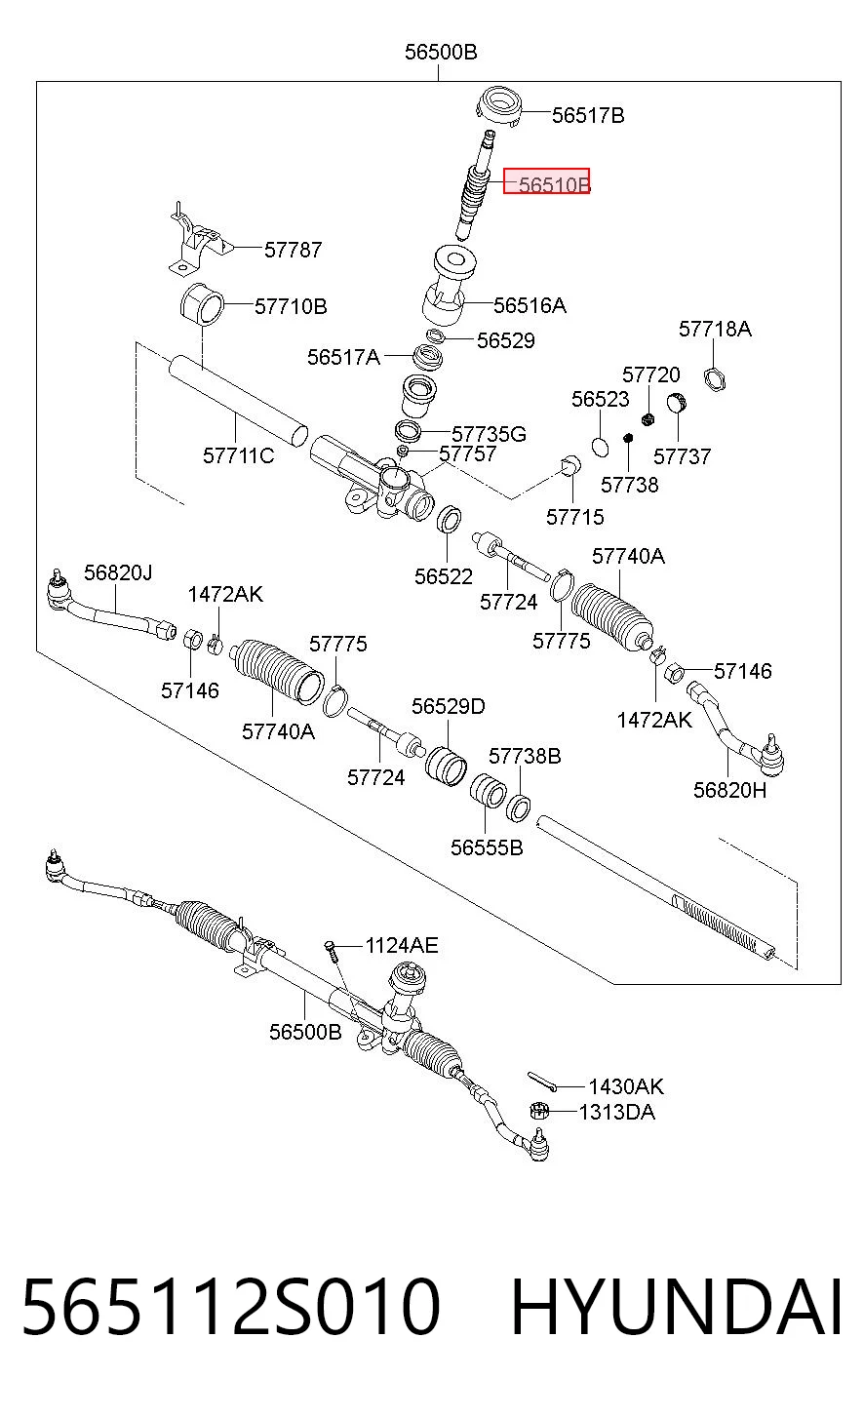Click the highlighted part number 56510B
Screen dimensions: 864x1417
coord(554,184)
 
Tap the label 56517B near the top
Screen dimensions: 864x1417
coord(588,115)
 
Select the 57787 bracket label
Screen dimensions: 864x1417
coord(293,250)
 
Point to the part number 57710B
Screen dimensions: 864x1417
coord(291,306)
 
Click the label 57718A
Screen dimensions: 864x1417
coord(715,329)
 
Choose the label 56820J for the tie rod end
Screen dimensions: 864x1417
coord(118,572)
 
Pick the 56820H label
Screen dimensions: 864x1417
coord(729,790)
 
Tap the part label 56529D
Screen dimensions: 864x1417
coord(448,706)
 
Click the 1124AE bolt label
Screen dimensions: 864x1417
coord(402,945)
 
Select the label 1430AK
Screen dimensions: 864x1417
coord(626,1086)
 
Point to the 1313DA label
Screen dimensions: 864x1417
coord(616,1112)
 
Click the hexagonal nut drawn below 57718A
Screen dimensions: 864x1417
coord(714,379)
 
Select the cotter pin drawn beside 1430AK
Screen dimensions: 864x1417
coord(541,1082)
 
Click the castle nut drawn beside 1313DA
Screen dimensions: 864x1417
coord(539,1110)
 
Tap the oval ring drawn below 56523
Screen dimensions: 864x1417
coord(600,446)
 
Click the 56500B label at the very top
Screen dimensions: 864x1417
coord(441,52)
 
